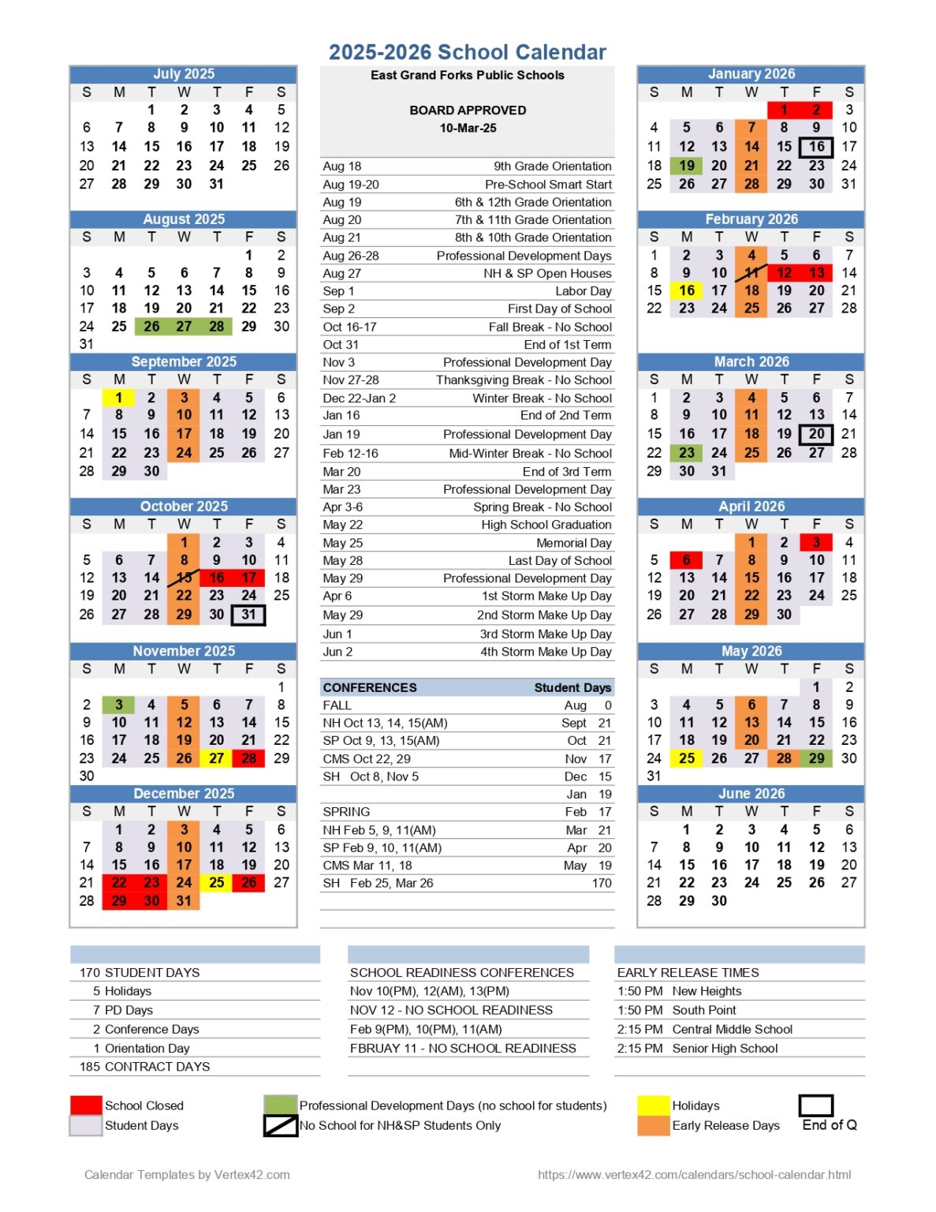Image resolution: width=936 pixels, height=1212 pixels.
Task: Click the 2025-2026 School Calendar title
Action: [467, 52]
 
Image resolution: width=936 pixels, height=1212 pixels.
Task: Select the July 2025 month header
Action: [183, 74]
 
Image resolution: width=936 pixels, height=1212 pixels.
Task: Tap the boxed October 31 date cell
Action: [248, 615]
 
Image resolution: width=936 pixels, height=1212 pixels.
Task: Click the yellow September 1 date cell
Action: [118, 398]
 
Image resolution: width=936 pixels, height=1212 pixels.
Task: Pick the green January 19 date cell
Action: [687, 166]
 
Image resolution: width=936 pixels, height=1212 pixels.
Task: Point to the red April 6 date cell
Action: [686, 560]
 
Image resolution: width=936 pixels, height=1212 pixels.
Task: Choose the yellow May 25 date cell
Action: [687, 758]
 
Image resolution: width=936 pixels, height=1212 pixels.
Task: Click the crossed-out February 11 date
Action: [751, 273]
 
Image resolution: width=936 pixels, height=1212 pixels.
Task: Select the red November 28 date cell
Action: [248, 758]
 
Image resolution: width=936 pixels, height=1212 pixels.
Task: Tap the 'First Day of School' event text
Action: [559, 309]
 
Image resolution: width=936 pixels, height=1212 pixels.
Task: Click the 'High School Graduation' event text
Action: [546, 525]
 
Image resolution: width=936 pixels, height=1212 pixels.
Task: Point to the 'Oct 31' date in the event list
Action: [341, 345]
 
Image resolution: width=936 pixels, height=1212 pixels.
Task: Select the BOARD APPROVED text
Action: [468, 110]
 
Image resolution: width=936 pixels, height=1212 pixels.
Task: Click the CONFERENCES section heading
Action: [370, 687]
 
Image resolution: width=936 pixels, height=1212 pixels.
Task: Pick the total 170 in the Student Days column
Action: [602, 883]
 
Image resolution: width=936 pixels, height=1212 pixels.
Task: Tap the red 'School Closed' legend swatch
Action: [86, 1105]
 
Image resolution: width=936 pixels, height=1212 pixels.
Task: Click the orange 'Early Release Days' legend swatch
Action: [653, 1125]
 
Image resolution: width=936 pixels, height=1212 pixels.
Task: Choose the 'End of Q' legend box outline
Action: [816, 1105]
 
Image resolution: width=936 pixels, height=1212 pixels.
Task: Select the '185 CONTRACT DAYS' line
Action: [145, 1067]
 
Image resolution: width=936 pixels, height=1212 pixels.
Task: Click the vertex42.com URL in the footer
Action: [694, 1175]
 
